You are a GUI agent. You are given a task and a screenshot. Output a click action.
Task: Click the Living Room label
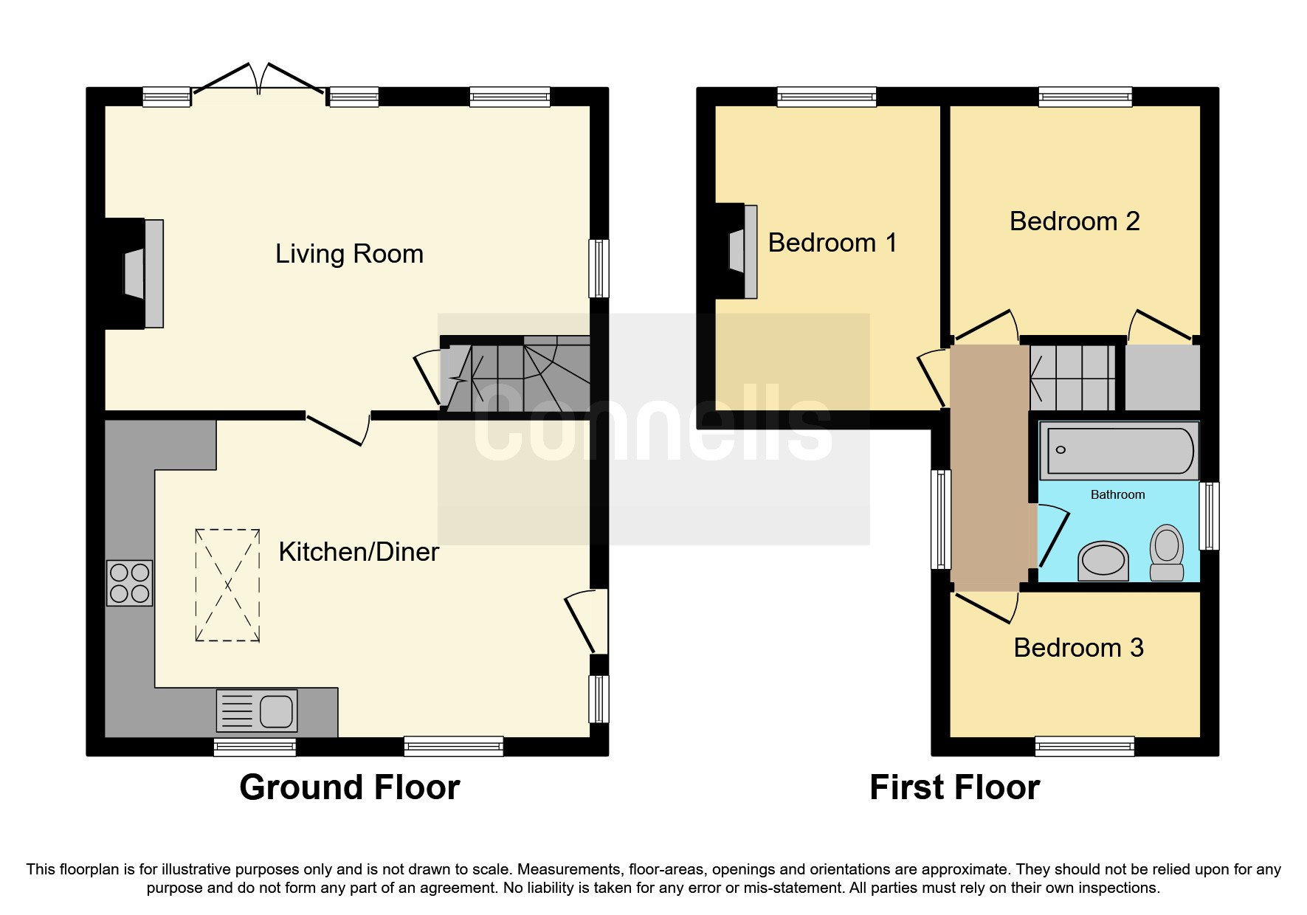click(x=349, y=254)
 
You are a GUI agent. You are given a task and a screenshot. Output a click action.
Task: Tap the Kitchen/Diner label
click(x=359, y=552)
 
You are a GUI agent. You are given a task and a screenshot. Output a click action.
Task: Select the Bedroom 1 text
click(x=832, y=243)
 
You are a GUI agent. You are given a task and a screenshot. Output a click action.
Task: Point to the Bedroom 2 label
click(x=1075, y=221)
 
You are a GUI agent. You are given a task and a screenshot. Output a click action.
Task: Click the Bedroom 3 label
click(x=1078, y=648)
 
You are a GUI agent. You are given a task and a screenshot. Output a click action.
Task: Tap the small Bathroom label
click(x=1118, y=495)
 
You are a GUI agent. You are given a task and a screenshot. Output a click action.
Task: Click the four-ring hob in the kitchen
click(x=130, y=583)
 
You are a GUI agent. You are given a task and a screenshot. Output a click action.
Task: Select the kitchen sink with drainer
click(x=257, y=711)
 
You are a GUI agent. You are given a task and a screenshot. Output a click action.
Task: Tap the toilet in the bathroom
click(x=1167, y=552)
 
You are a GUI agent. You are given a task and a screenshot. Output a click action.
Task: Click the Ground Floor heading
click(x=350, y=787)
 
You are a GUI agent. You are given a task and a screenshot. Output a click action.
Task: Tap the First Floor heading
click(x=955, y=787)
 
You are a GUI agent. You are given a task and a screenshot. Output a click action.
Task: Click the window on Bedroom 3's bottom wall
click(x=1085, y=746)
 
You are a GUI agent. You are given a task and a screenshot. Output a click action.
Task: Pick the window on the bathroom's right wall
click(x=1209, y=516)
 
